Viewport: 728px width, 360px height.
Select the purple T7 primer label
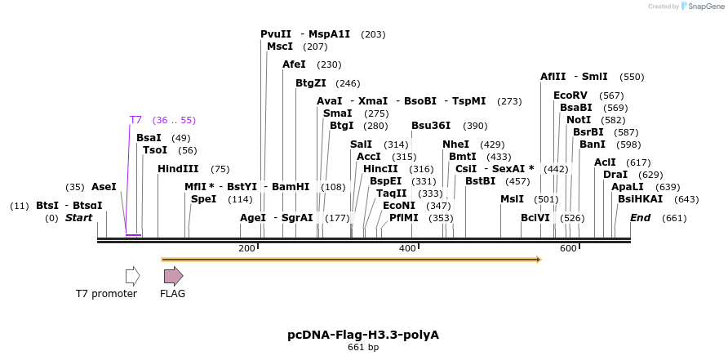[x=135, y=120]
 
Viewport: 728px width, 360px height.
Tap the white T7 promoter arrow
[x=132, y=276]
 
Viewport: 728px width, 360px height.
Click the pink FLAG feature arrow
[x=173, y=276]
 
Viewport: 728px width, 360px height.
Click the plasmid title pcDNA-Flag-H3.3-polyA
[x=363, y=335]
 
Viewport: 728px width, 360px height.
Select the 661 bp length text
[x=363, y=348]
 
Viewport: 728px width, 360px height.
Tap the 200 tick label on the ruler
[x=246, y=248]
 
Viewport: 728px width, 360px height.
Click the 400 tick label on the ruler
[x=407, y=248]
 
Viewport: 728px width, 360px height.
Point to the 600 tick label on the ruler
[x=568, y=248]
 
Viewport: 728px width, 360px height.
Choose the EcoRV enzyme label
[x=570, y=96]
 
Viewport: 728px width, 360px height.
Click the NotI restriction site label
[x=579, y=120]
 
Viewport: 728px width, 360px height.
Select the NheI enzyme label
[x=455, y=144]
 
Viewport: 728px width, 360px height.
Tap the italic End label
[x=641, y=218]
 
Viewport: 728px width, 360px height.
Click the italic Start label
[x=78, y=218]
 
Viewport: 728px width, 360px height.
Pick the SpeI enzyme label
[x=204, y=199]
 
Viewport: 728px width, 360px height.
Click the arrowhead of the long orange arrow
[x=538, y=260]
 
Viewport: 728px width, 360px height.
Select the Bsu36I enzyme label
[x=431, y=126]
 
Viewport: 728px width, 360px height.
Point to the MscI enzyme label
[x=280, y=47]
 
